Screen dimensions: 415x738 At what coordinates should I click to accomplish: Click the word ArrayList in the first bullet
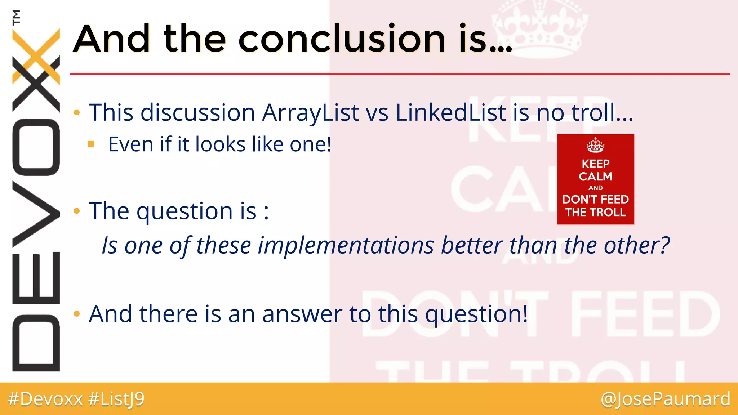[x=310, y=113]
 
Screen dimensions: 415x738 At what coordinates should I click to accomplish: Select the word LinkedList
[x=450, y=113]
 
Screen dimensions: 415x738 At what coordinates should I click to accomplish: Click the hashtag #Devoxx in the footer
[x=45, y=399]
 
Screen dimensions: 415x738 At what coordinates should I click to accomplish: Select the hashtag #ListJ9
[x=116, y=399]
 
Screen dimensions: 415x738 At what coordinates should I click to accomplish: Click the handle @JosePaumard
[x=665, y=399]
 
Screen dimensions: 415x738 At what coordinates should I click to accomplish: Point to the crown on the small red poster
[x=595, y=145]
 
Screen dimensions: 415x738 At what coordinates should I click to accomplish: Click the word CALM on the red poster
[x=595, y=177]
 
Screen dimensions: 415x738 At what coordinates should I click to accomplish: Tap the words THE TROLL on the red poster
[x=595, y=212]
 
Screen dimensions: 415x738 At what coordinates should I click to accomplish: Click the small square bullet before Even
[x=91, y=144]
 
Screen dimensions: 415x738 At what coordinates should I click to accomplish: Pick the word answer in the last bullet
[x=302, y=314]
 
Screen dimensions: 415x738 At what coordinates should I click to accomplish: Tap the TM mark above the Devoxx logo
[x=16, y=17]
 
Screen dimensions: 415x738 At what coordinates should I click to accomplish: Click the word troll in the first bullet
[x=593, y=113]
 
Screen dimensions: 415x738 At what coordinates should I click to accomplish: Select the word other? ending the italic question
[x=636, y=246]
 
